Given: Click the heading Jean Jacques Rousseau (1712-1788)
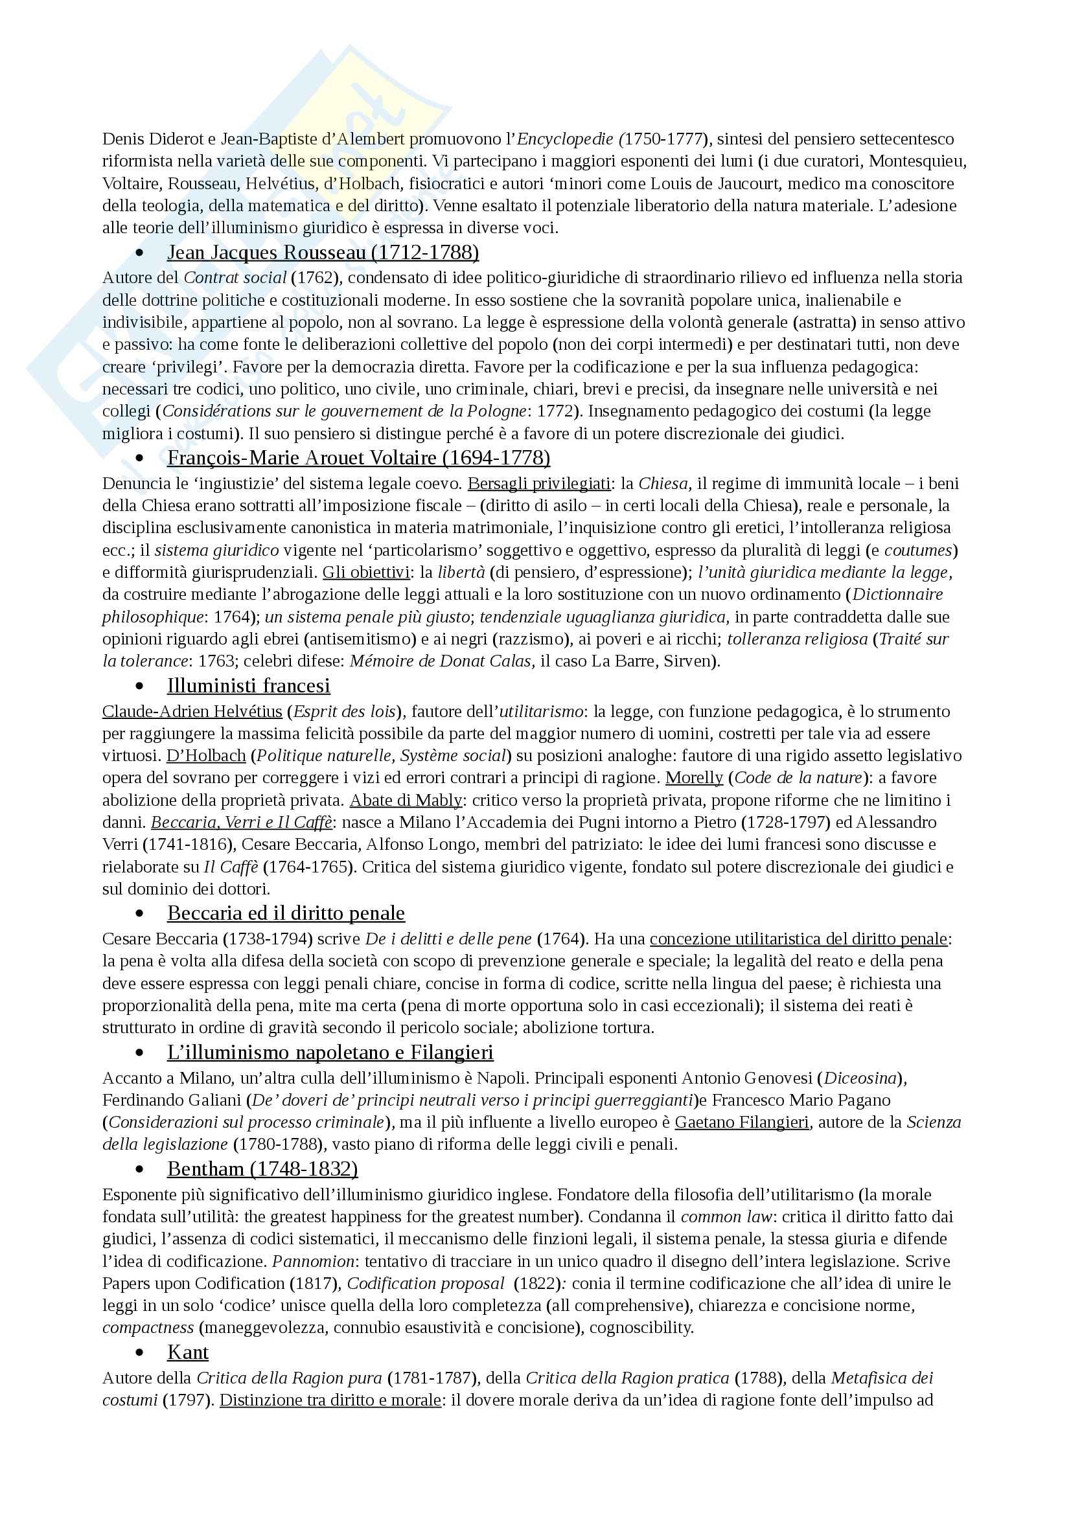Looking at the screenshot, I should tap(323, 253).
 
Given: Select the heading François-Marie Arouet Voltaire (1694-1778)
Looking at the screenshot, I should tap(358, 457).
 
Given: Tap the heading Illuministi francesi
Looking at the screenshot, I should tap(249, 685).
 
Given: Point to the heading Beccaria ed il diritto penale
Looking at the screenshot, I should tap(286, 913).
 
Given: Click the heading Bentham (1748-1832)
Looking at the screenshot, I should tap(262, 1168).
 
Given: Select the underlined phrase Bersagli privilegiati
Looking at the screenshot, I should tap(539, 484).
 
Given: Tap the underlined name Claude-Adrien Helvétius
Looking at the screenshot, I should tap(192, 712).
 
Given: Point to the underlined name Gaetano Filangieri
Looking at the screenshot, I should tap(742, 1122).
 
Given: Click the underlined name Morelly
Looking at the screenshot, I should tap(693, 778).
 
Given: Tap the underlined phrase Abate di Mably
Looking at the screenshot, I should tap(405, 801).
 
